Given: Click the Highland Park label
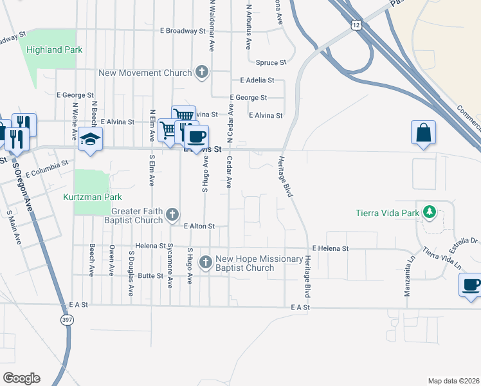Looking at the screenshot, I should (x=55, y=50).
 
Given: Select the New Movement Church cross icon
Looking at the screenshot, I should (x=202, y=71).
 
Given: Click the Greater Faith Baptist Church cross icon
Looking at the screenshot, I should (x=172, y=214).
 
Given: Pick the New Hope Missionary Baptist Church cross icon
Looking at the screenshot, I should (x=206, y=262).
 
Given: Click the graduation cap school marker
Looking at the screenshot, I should (x=90, y=140).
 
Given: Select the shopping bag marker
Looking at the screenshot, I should (x=423, y=133).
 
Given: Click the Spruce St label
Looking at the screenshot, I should (x=271, y=62).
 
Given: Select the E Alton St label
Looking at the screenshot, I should (x=199, y=226).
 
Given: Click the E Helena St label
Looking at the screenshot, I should (x=331, y=248).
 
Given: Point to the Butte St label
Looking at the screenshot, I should (x=150, y=275).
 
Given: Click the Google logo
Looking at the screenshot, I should (x=21, y=378).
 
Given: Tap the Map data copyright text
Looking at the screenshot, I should (x=453, y=381).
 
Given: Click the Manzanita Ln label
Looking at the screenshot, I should (x=407, y=266).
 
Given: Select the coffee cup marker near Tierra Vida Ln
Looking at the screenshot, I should (x=470, y=284).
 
